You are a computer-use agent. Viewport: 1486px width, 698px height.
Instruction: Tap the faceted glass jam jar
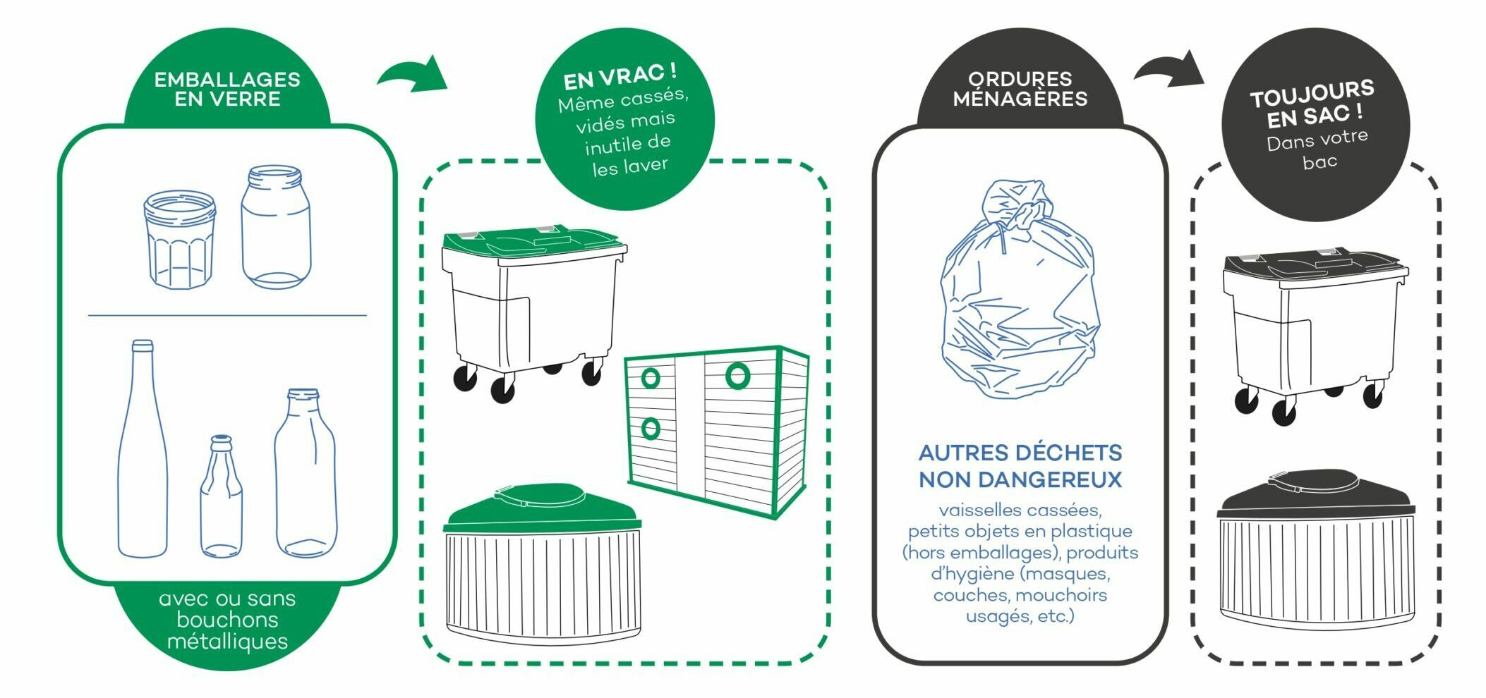pyautogui.click(x=180, y=240)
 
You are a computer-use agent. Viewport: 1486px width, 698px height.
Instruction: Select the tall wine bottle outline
pyautogui.click(x=143, y=451)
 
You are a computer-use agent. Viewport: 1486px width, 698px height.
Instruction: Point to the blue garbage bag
pyautogui.click(x=1020, y=296)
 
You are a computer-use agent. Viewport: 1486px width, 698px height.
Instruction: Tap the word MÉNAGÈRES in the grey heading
pyautogui.click(x=1020, y=99)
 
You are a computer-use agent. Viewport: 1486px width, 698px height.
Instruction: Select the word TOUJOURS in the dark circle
pyautogui.click(x=1312, y=93)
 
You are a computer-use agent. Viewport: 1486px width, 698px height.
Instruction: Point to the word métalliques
pyautogui.click(x=227, y=642)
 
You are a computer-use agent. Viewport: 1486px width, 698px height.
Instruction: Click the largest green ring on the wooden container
pyautogui.click(x=737, y=376)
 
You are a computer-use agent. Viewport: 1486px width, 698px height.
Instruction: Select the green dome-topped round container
pyautogui.click(x=542, y=564)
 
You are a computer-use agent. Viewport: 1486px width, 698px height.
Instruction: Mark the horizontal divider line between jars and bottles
pyautogui.click(x=227, y=316)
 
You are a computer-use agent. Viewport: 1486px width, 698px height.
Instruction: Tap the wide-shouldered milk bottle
pyautogui.click(x=306, y=476)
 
